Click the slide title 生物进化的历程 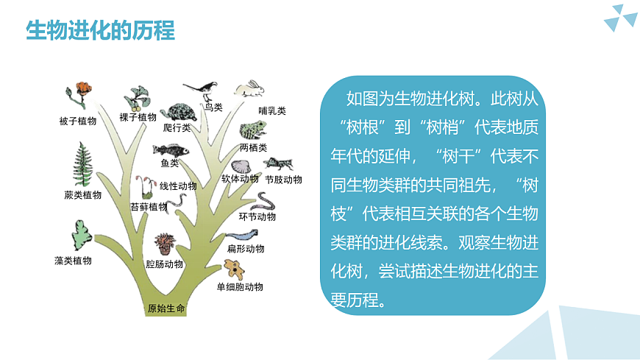[x=100, y=32]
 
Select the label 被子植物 [x=78, y=121]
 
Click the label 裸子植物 [x=138, y=117]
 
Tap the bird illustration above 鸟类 [x=204, y=89]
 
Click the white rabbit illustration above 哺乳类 [x=249, y=90]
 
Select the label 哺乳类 [x=272, y=111]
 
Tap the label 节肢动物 [x=283, y=180]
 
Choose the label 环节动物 [x=257, y=217]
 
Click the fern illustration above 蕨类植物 [x=82, y=165]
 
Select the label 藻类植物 [x=73, y=261]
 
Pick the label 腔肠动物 [x=164, y=264]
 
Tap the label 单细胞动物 [x=240, y=287]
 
